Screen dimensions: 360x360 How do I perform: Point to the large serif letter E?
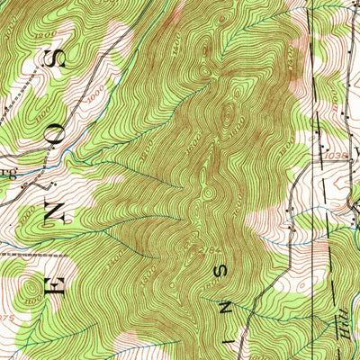(x=47, y=290)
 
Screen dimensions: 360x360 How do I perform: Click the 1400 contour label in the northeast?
(x=297, y=54)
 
